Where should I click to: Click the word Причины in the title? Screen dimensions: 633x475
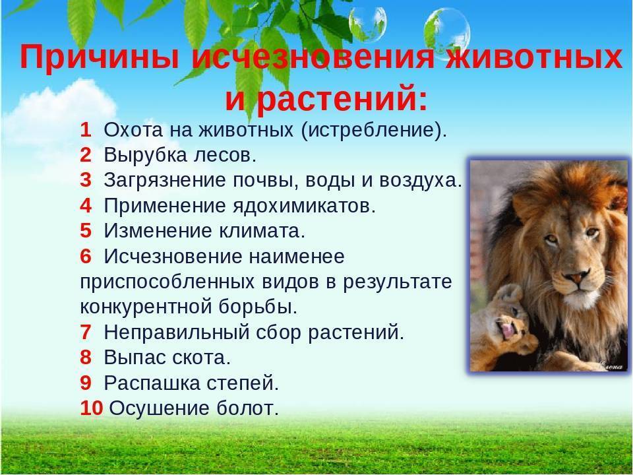point(100,57)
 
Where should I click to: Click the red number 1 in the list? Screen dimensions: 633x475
point(86,130)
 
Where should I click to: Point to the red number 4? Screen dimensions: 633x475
point(86,206)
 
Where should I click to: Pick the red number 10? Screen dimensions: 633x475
point(92,408)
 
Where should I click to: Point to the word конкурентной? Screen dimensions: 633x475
point(146,307)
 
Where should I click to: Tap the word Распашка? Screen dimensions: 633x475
point(152,383)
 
